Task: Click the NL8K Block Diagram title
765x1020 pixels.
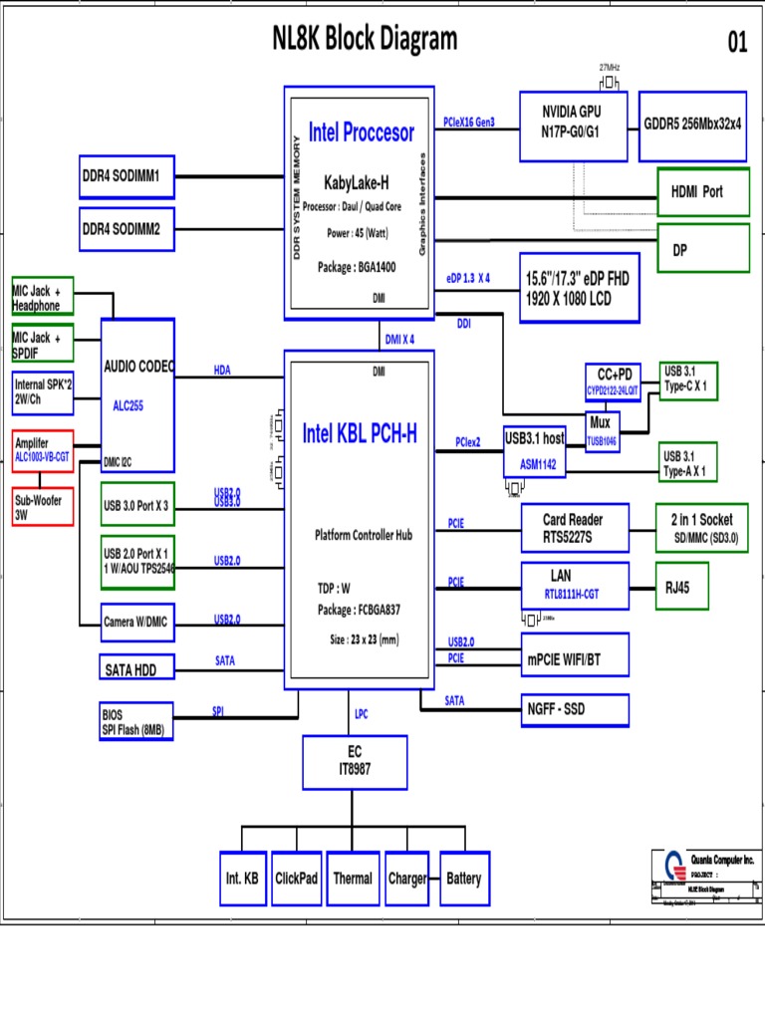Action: [365, 39]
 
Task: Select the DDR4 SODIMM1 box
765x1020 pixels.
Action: [127, 176]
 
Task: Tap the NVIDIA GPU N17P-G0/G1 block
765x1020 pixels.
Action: [574, 125]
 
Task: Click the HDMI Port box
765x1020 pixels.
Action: [703, 192]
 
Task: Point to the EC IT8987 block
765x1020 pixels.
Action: [356, 761]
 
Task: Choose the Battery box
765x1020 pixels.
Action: [464, 879]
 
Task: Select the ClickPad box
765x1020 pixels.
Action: [296, 879]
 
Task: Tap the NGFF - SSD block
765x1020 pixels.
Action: [575, 709]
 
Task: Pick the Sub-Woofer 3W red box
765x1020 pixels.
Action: [43, 508]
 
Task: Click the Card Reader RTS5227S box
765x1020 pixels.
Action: [575, 528]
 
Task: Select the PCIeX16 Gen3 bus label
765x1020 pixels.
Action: [468, 123]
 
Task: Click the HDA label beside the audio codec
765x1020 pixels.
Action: [222, 370]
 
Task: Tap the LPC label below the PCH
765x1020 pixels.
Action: [361, 713]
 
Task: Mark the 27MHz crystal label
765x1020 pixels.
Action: [610, 67]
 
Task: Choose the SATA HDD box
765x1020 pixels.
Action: [138, 669]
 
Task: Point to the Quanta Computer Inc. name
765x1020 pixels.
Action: [723, 859]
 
